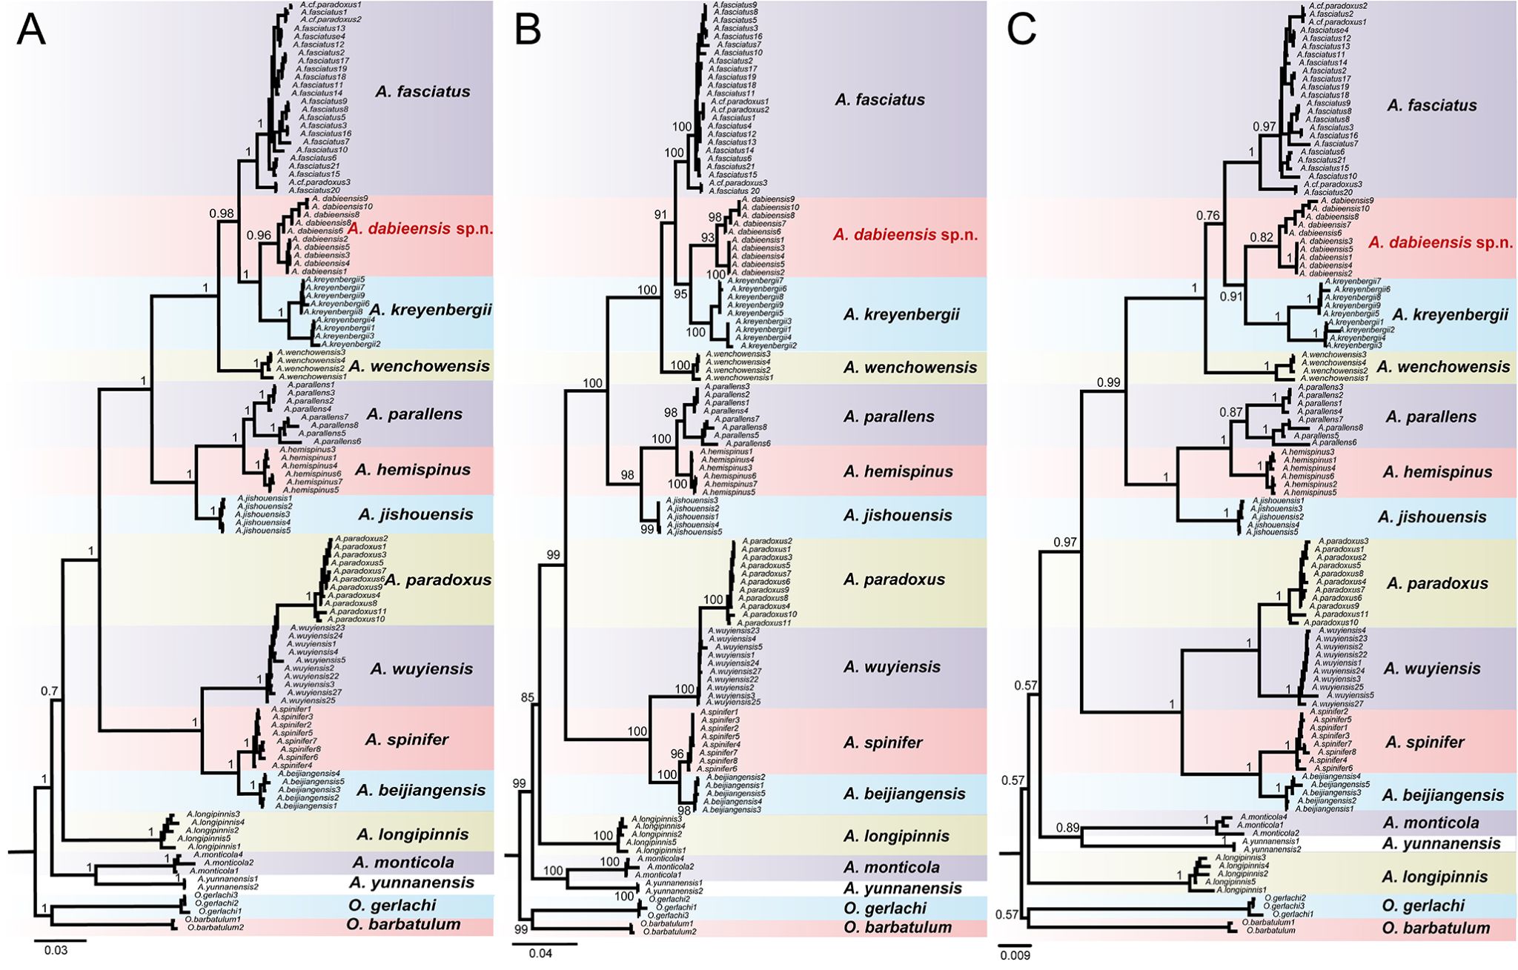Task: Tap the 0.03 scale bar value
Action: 56,950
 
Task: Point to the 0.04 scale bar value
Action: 540,953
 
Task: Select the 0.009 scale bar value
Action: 1014,955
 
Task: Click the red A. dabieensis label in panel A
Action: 420,228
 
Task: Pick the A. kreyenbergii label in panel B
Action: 901,314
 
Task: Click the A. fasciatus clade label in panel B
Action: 880,100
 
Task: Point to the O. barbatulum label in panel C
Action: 1436,928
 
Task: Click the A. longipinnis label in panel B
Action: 896,837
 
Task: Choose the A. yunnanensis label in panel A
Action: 411,883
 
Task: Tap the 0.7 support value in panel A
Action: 49,691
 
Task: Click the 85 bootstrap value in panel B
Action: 528,697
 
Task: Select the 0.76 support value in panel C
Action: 1209,216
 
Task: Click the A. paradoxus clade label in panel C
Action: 1436,584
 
